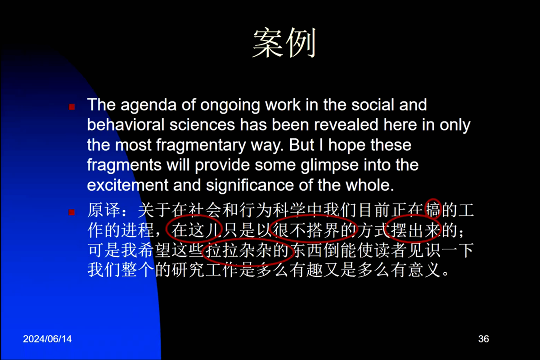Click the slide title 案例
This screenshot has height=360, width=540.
click(284, 43)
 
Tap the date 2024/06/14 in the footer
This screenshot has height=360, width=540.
click(47, 339)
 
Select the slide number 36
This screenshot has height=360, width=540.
click(484, 339)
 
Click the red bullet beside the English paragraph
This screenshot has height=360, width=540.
click(72, 107)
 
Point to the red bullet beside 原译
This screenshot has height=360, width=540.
click(72, 212)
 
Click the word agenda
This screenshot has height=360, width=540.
click(148, 105)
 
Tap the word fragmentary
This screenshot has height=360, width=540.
click(201, 145)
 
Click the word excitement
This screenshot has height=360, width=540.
click(127, 185)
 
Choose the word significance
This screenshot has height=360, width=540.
click(250, 185)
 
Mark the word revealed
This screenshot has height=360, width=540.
click(346, 125)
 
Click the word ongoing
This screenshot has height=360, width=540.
click(230, 106)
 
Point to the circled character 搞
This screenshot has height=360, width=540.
click(433, 210)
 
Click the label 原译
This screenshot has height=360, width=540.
click(103, 210)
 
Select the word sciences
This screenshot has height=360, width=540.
click(202, 125)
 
